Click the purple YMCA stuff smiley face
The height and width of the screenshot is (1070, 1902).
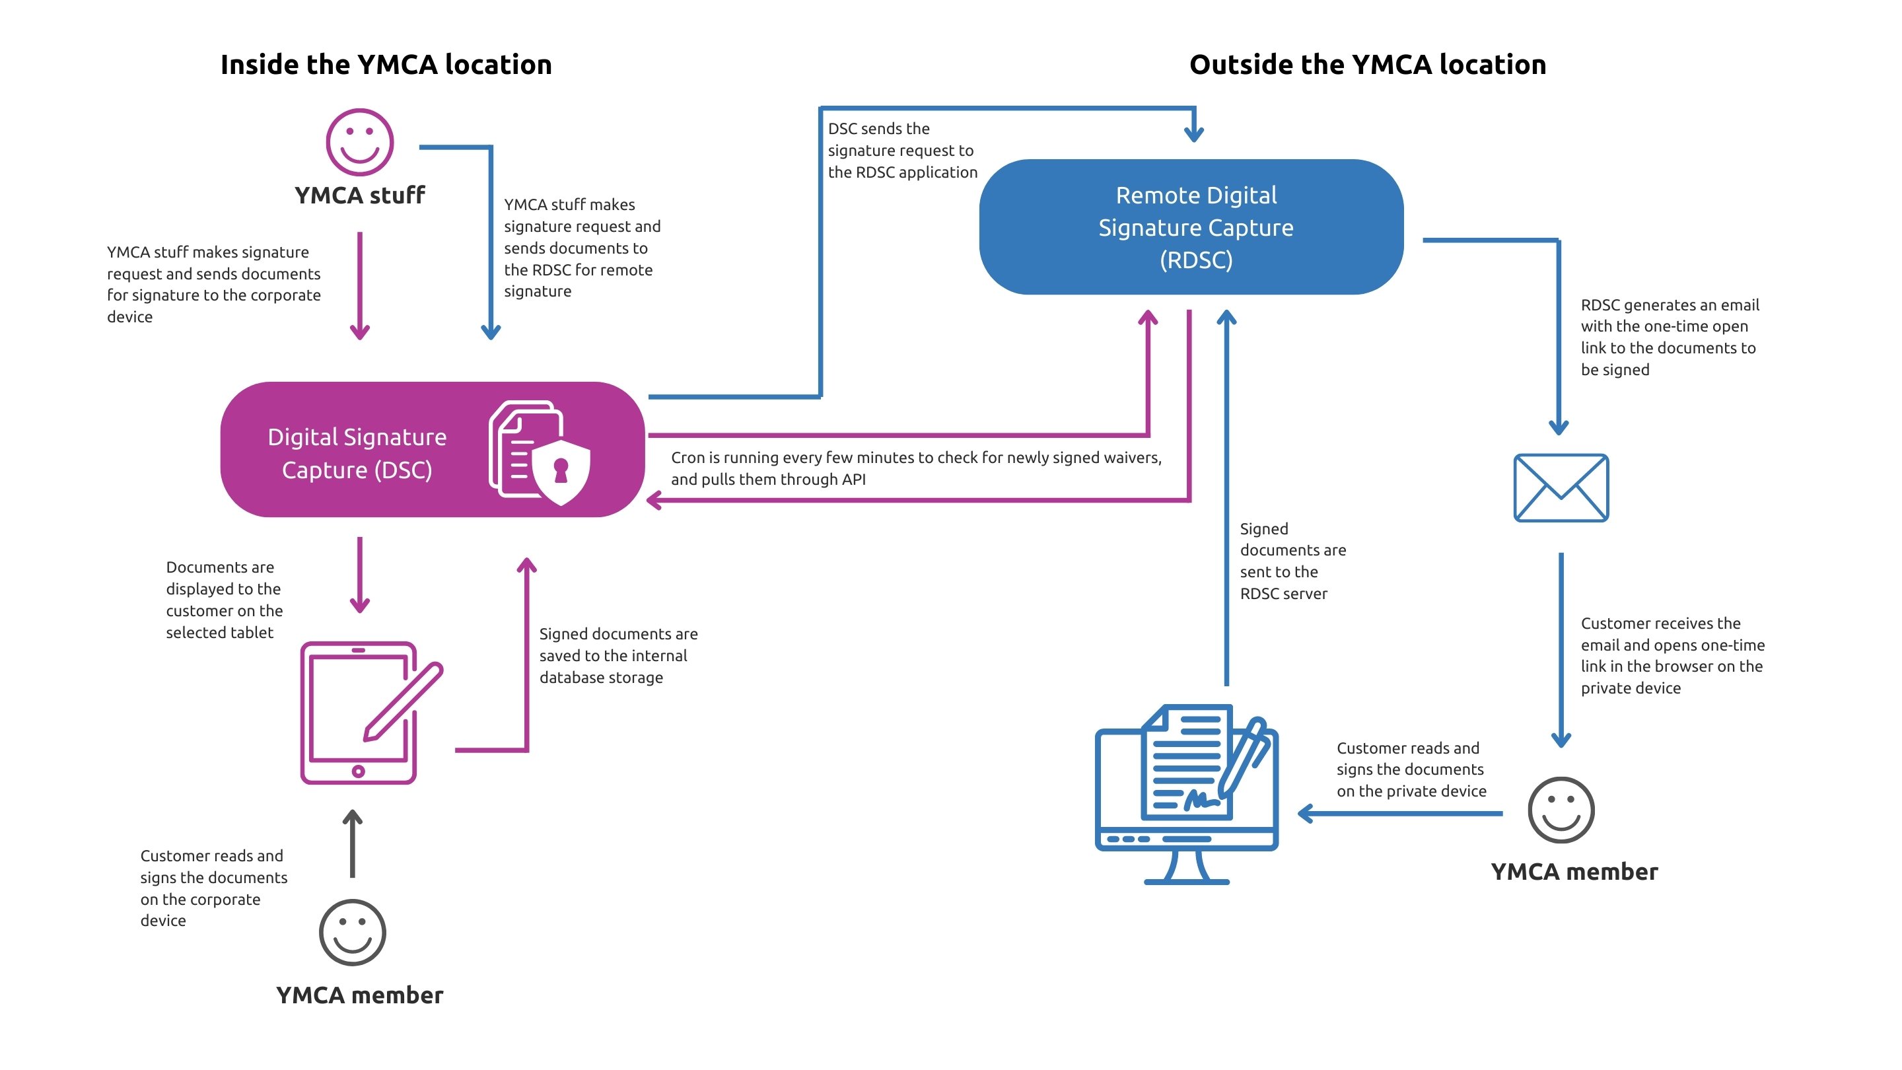click(x=359, y=142)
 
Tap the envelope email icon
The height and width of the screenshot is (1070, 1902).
click(x=1560, y=487)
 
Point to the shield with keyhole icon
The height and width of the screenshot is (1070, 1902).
click(x=561, y=471)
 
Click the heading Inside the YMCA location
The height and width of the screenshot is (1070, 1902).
click(x=386, y=65)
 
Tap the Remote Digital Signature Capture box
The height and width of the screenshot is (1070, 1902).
click(x=1190, y=227)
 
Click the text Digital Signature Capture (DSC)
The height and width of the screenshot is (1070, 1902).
click(x=357, y=452)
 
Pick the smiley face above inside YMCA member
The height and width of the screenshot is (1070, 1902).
click(x=352, y=932)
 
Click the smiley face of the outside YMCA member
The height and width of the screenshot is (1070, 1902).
click(x=1560, y=809)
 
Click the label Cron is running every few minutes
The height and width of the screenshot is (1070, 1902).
click(x=915, y=468)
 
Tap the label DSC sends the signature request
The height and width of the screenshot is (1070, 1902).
click(x=901, y=151)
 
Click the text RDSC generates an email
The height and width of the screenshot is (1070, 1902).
click(x=1669, y=337)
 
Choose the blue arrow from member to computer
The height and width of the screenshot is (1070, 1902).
click(x=1399, y=814)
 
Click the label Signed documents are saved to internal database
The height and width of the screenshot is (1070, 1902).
click(x=617, y=655)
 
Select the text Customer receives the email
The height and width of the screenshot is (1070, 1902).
click(x=1672, y=655)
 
